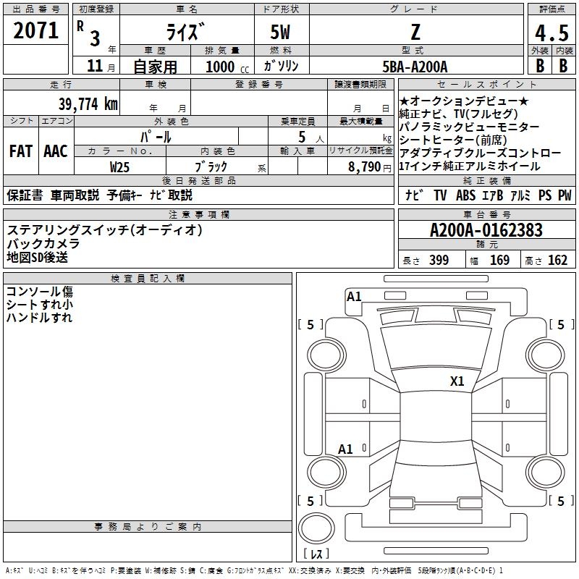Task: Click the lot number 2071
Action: [x=36, y=30]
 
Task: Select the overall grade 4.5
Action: [x=551, y=33]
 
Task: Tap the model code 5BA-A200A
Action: [x=415, y=67]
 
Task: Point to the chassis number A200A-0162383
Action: [x=486, y=231]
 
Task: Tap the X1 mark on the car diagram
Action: [x=457, y=381]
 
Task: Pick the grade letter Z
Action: [x=415, y=32]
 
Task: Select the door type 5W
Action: [x=282, y=32]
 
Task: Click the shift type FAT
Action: [x=20, y=151]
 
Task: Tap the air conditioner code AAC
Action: [x=56, y=151]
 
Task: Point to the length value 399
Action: [x=439, y=261]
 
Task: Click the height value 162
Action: [x=557, y=261]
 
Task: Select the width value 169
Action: [x=499, y=261]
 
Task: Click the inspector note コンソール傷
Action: [x=39, y=292]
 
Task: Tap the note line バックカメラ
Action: [x=43, y=244]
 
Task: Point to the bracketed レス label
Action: [x=318, y=554]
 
